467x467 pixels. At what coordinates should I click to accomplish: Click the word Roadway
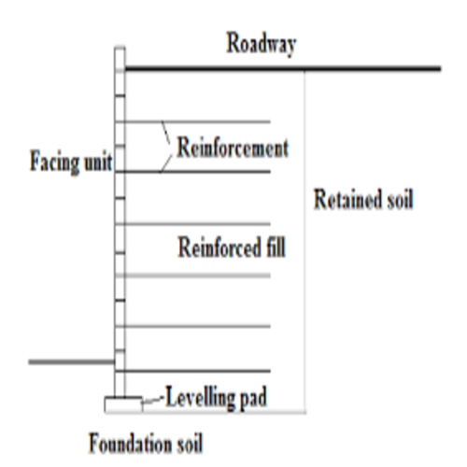[x=262, y=44]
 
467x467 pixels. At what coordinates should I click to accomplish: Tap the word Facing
[x=54, y=162]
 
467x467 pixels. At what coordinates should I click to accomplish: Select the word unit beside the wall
[x=98, y=162]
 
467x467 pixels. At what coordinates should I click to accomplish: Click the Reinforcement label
[x=233, y=148]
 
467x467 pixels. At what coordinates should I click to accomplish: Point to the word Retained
[x=347, y=199]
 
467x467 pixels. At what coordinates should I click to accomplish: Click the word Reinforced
[x=219, y=248]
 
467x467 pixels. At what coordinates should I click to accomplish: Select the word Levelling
[x=200, y=397]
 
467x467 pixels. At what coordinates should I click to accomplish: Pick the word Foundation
[x=131, y=443]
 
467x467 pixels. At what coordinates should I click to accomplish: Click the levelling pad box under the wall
[x=123, y=404]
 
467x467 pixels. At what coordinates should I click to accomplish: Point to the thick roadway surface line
[x=283, y=68]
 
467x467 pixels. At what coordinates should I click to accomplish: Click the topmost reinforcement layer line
[x=198, y=121]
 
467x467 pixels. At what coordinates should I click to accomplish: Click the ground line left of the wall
[x=72, y=361]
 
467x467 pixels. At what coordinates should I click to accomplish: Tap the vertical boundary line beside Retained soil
[x=304, y=242]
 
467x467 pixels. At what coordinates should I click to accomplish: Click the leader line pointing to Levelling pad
[x=153, y=400]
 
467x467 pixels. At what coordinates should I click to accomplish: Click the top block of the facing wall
[x=120, y=59]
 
